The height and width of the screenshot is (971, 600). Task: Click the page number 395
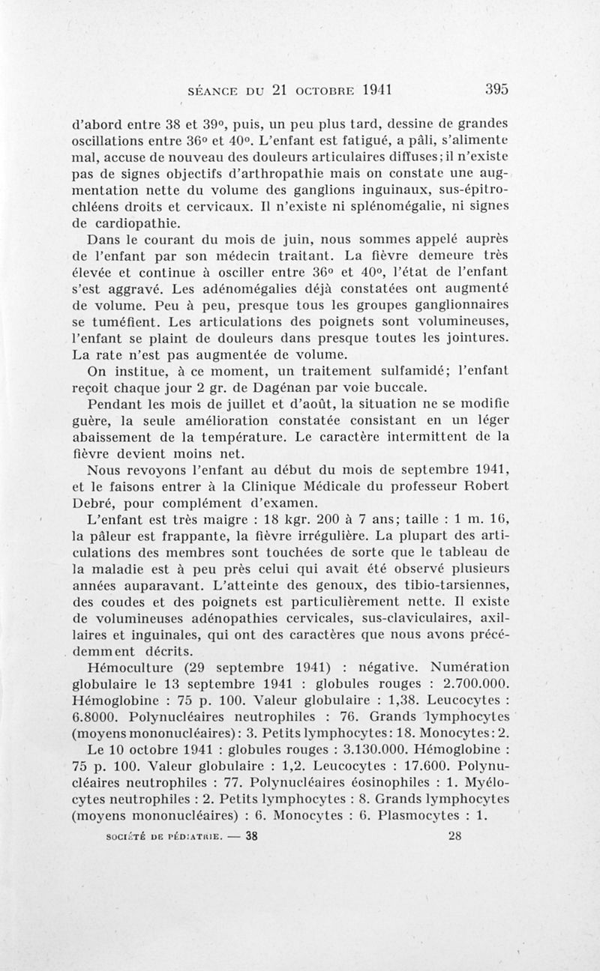point(496,88)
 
